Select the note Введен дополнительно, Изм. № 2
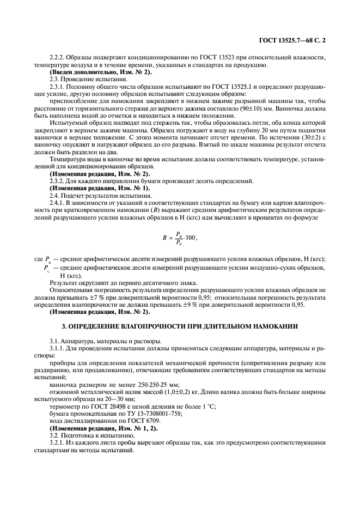tap(101, 72)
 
